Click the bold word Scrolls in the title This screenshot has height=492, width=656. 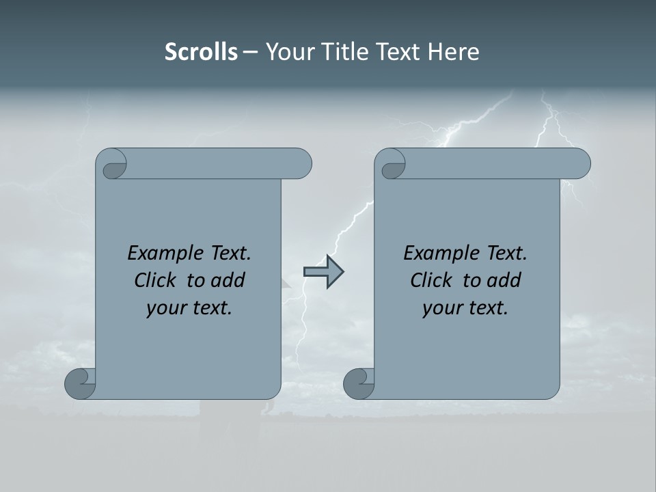tap(201, 52)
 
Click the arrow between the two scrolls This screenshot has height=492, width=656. tap(323, 272)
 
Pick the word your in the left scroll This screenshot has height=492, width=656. tap(164, 308)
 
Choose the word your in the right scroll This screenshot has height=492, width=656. tap(440, 308)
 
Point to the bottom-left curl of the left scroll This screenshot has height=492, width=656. tap(80, 384)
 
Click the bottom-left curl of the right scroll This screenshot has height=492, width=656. tap(359, 384)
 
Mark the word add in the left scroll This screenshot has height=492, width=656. tap(228, 280)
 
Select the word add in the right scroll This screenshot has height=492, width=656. tap(504, 280)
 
